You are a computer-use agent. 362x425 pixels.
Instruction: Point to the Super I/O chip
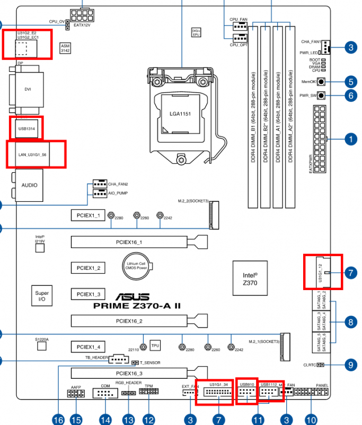click(x=42, y=296)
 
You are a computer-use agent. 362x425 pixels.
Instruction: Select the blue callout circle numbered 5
click(x=349, y=82)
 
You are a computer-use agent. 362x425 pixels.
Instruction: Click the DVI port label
click(x=28, y=89)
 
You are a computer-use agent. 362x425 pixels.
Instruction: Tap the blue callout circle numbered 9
click(x=349, y=365)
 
